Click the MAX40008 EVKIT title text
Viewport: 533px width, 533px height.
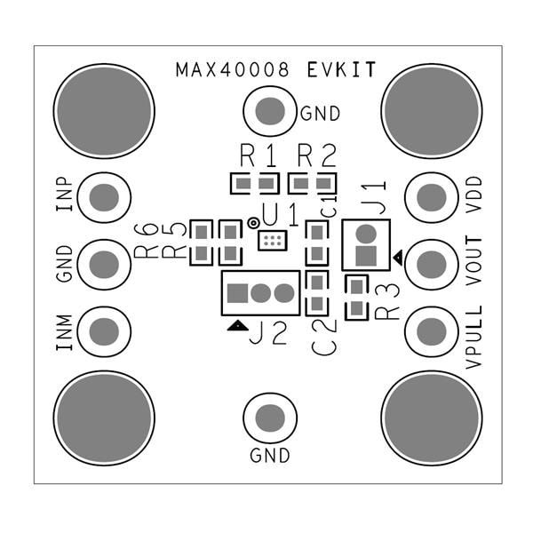pyautogui.click(x=275, y=70)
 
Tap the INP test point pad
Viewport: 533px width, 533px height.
pyautogui.click(x=104, y=197)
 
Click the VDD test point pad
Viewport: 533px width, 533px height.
pyautogui.click(x=431, y=197)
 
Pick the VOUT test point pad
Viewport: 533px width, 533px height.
pyautogui.click(x=431, y=263)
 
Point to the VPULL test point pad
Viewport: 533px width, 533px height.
pyautogui.click(x=431, y=330)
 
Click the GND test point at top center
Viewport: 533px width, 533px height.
pyautogui.click(x=268, y=111)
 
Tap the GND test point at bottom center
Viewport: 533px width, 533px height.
pyautogui.click(x=268, y=418)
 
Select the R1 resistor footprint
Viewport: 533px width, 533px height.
pyautogui.click(x=255, y=184)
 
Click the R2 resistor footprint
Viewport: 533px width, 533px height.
pyautogui.click(x=312, y=184)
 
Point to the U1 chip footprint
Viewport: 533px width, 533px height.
pyautogui.click(x=272, y=241)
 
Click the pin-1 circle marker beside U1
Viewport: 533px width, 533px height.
pyautogui.click(x=253, y=223)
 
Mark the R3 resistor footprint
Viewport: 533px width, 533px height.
pyautogui.click(x=355, y=298)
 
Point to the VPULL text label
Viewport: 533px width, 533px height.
pyautogui.click(x=475, y=337)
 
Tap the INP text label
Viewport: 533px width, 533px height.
pyautogui.click(x=65, y=196)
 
